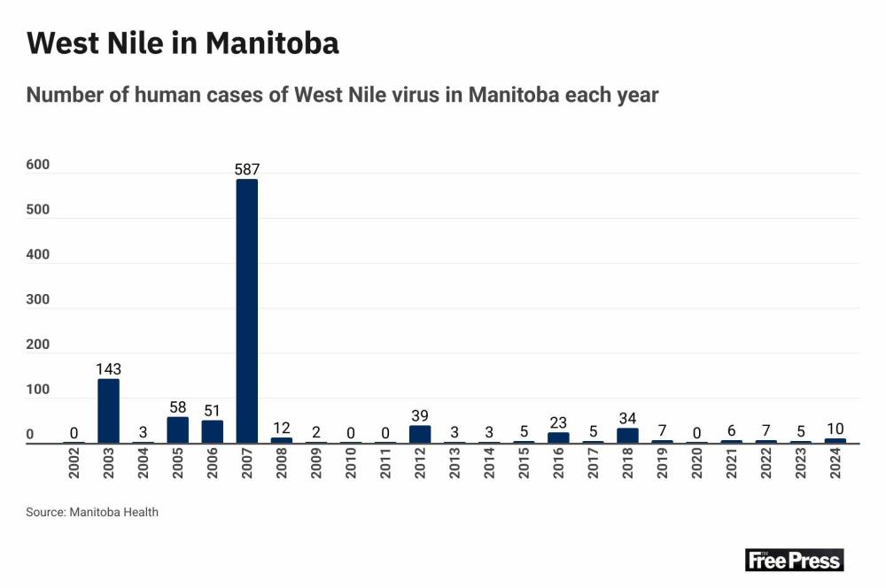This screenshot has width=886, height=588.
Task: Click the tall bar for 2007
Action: (x=246, y=311)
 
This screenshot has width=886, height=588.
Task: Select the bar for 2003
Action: (x=108, y=411)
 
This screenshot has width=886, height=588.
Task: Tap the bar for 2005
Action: (x=177, y=429)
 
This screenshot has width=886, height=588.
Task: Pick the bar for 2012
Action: (x=420, y=434)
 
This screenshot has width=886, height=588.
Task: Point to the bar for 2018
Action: (x=627, y=435)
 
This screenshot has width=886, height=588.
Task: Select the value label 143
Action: (x=108, y=368)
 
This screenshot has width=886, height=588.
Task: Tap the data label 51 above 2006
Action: (x=212, y=409)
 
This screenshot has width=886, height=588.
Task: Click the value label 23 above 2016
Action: (x=558, y=422)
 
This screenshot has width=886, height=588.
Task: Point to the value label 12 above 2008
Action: (x=281, y=427)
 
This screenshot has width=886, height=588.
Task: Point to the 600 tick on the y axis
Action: (x=37, y=166)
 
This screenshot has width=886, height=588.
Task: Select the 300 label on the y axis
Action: (x=37, y=300)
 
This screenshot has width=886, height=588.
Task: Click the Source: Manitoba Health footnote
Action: (x=92, y=512)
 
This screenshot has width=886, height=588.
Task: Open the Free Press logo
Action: (x=794, y=560)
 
